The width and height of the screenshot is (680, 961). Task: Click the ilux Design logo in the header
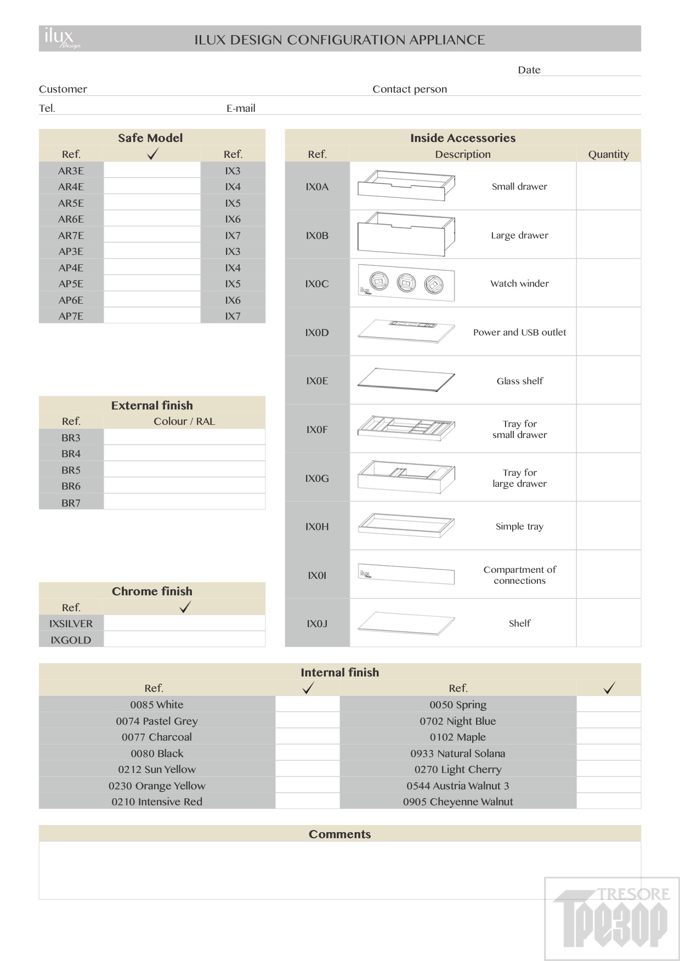[x=62, y=38]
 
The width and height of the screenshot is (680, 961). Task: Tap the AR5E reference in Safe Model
[x=71, y=203]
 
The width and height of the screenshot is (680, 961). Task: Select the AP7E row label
[x=71, y=316]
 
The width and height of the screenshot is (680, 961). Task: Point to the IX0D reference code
[x=317, y=332]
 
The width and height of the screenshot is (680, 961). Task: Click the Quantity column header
[x=608, y=154]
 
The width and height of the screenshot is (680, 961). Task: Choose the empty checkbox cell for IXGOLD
[x=184, y=639]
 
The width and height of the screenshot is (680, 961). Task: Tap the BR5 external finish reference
[x=71, y=470]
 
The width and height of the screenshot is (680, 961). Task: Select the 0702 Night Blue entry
[x=457, y=721]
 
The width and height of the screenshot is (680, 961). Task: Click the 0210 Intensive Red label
[x=157, y=801]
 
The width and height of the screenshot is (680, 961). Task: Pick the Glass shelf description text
[x=519, y=381]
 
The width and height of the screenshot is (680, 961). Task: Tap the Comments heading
[x=339, y=834]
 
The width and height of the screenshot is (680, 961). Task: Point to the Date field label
[x=529, y=70]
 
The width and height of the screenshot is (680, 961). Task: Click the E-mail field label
[x=241, y=108]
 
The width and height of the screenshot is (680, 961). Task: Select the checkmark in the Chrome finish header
[x=185, y=607]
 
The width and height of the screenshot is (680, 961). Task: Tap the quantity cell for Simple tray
[x=608, y=526]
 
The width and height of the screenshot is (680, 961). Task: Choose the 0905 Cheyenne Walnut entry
[x=457, y=801]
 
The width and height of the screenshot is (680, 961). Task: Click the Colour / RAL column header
[x=184, y=421]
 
